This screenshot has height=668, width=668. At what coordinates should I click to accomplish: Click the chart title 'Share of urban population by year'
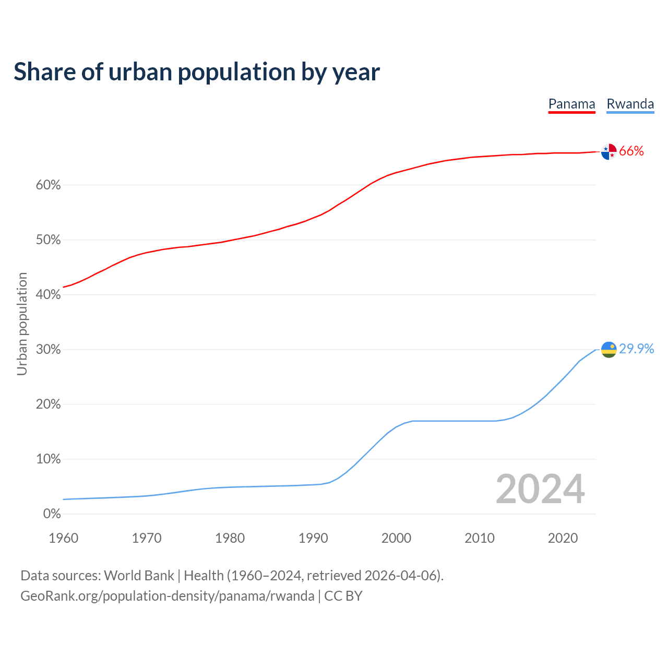197,72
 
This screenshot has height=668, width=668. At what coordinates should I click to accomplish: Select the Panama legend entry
571,104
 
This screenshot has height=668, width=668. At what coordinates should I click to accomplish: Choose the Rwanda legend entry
630,104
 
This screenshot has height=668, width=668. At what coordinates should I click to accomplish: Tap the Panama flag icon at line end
609,151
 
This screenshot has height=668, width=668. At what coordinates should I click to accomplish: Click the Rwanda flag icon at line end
609,349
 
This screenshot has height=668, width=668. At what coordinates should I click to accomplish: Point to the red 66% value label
631,151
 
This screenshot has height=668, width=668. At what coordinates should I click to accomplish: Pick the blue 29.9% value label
637,349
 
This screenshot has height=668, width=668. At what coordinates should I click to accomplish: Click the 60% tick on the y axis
48,185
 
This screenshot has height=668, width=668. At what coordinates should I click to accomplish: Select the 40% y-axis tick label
48,295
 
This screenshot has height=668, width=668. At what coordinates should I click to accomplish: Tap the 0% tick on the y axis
52,514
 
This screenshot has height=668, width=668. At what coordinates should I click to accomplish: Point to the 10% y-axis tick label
48,459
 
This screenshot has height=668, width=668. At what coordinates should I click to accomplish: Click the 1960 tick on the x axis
63,538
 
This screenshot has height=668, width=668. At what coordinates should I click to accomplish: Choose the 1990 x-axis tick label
313,538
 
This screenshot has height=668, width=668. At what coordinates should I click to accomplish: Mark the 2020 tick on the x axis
563,538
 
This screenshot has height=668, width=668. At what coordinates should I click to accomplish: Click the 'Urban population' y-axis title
22,324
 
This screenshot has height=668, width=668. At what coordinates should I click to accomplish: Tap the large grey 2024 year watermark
540,489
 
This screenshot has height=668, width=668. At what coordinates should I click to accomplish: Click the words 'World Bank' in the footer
139,576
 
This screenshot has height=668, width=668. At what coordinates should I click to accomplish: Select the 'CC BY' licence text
343,596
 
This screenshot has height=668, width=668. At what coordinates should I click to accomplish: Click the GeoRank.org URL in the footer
167,596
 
